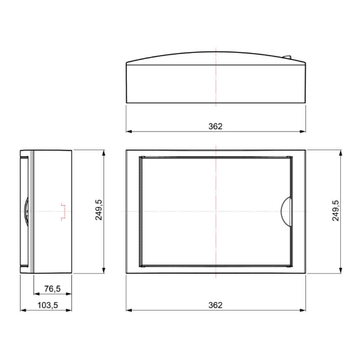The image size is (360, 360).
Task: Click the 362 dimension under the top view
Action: [x=215, y=126]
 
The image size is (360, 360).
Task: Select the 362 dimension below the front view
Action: [x=215, y=305]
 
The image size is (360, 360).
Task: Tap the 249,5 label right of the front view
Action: [x=336, y=211]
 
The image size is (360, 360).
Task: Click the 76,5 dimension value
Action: [x=52, y=288]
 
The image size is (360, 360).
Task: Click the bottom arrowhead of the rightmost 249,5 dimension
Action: [x=341, y=271]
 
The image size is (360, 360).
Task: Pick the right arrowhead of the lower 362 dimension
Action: [x=303, y=310]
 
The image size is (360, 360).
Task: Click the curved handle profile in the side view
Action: [x=27, y=212]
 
